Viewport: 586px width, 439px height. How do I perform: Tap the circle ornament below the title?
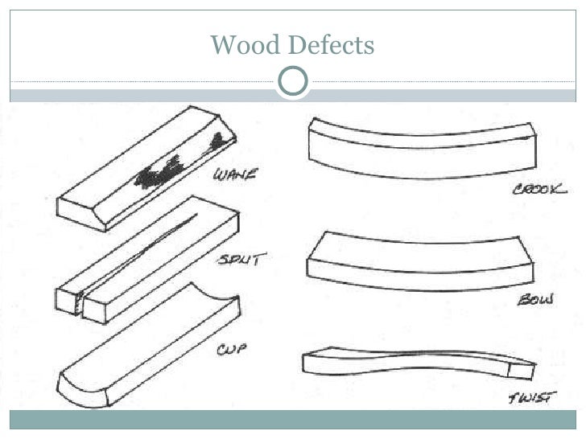click(293, 82)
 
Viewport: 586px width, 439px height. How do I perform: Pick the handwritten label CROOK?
click(540, 190)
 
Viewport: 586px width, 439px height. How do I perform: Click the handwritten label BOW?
click(534, 301)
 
